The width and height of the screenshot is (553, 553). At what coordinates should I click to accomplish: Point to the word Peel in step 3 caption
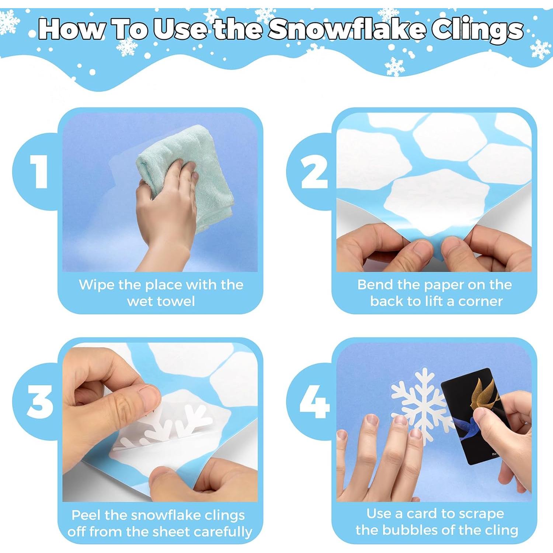click(86, 515)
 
